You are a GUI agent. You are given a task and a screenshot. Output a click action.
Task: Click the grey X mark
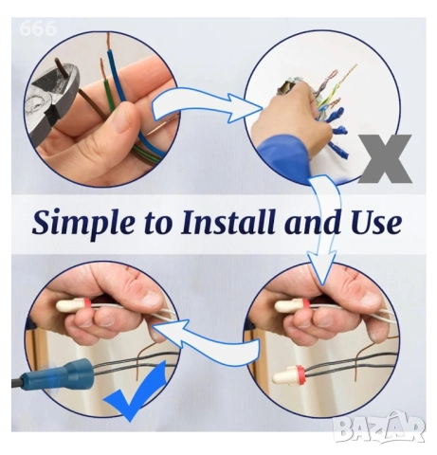click(387, 158)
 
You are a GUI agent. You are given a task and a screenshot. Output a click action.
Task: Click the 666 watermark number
click(38, 28)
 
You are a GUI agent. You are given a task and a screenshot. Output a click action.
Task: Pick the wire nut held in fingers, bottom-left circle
click(74, 304)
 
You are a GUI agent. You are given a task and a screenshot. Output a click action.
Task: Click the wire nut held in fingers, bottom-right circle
click(292, 305)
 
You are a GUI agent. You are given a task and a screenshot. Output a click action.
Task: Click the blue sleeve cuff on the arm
click(282, 158)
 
